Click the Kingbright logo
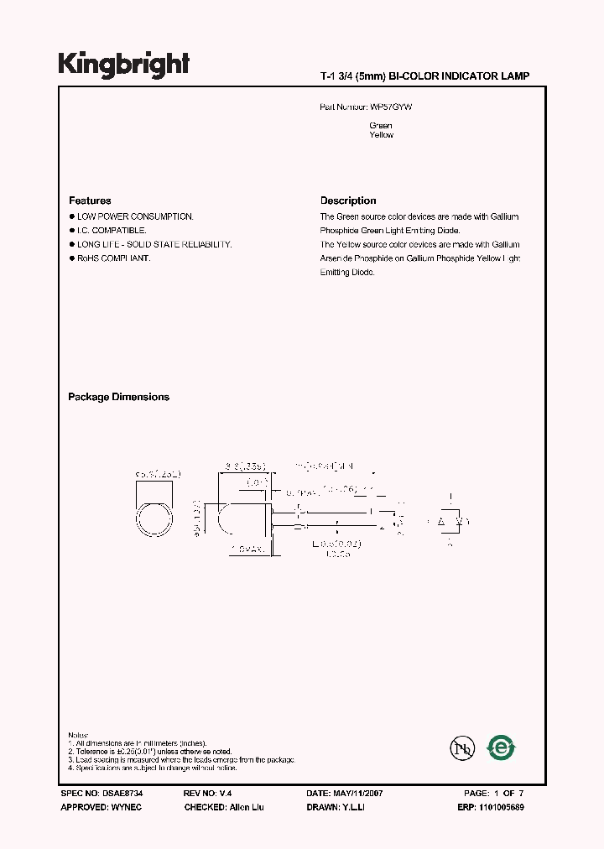(x=123, y=64)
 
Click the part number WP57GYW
(x=391, y=108)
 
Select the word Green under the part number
(x=380, y=126)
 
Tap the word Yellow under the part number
(x=381, y=135)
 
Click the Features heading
(x=90, y=201)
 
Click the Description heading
(x=348, y=201)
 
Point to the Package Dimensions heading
(x=118, y=398)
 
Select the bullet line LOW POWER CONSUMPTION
(x=135, y=216)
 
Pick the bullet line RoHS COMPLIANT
(x=113, y=258)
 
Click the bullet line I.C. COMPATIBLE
(x=112, y=230)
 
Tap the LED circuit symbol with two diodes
(x=450, y=522)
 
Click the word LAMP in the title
(x=515, y=76)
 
